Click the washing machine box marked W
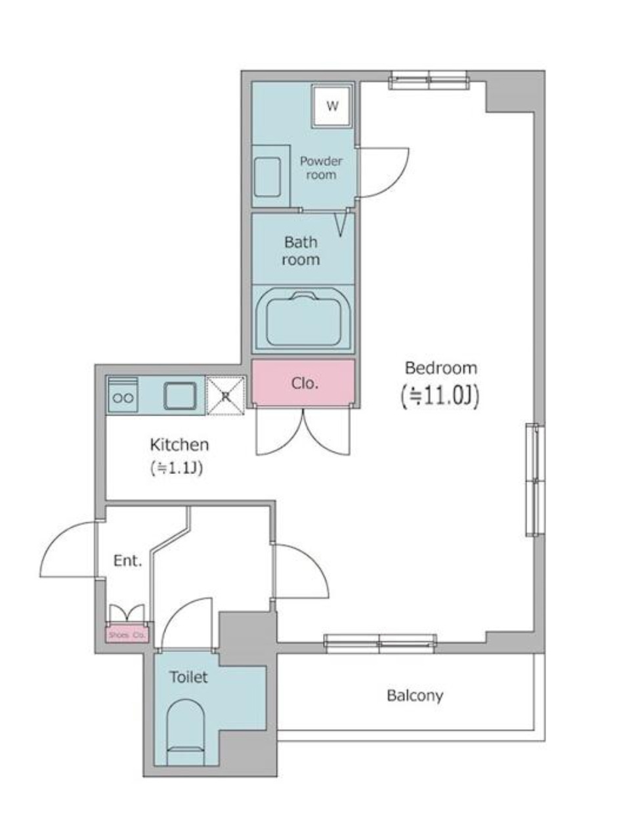point(332,106)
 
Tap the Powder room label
point(321,168)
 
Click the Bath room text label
point(301,251)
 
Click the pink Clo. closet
point(304,383)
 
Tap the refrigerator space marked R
point(225,396)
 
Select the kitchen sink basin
point(179,396)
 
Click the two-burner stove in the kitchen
point(123,396)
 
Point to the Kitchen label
point(179,445)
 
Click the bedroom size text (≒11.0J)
point(440,396)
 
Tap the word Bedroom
point(440,367)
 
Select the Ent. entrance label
point(127,561)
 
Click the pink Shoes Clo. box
point(127,635)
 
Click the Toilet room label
point(188,677)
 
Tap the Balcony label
point(414,695)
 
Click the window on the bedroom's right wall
point(536,480)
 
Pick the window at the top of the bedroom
point(429,82)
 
